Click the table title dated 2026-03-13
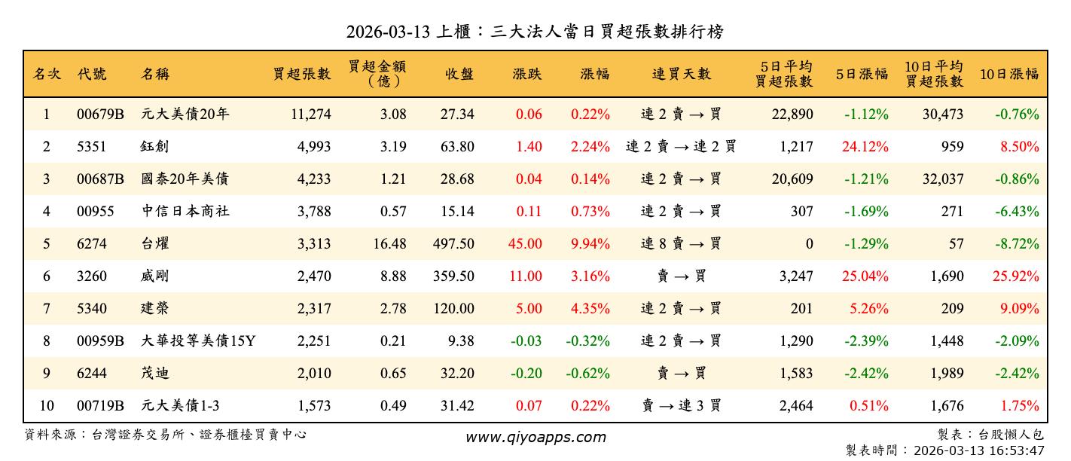click(535, 32)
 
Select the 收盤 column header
click(459, 74)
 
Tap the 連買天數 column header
click(681, 74)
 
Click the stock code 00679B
click(100, 114)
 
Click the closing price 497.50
click(453, 244)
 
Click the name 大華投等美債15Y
click(199, 341)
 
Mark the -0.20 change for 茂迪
click(526, 374)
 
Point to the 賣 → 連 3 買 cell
click(681, 406)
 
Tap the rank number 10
click(47, 406)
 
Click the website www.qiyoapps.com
click(535, 438)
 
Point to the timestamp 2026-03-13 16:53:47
click(978, 450)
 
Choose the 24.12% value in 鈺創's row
click(865, 147)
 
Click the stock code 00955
click(96, 212)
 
